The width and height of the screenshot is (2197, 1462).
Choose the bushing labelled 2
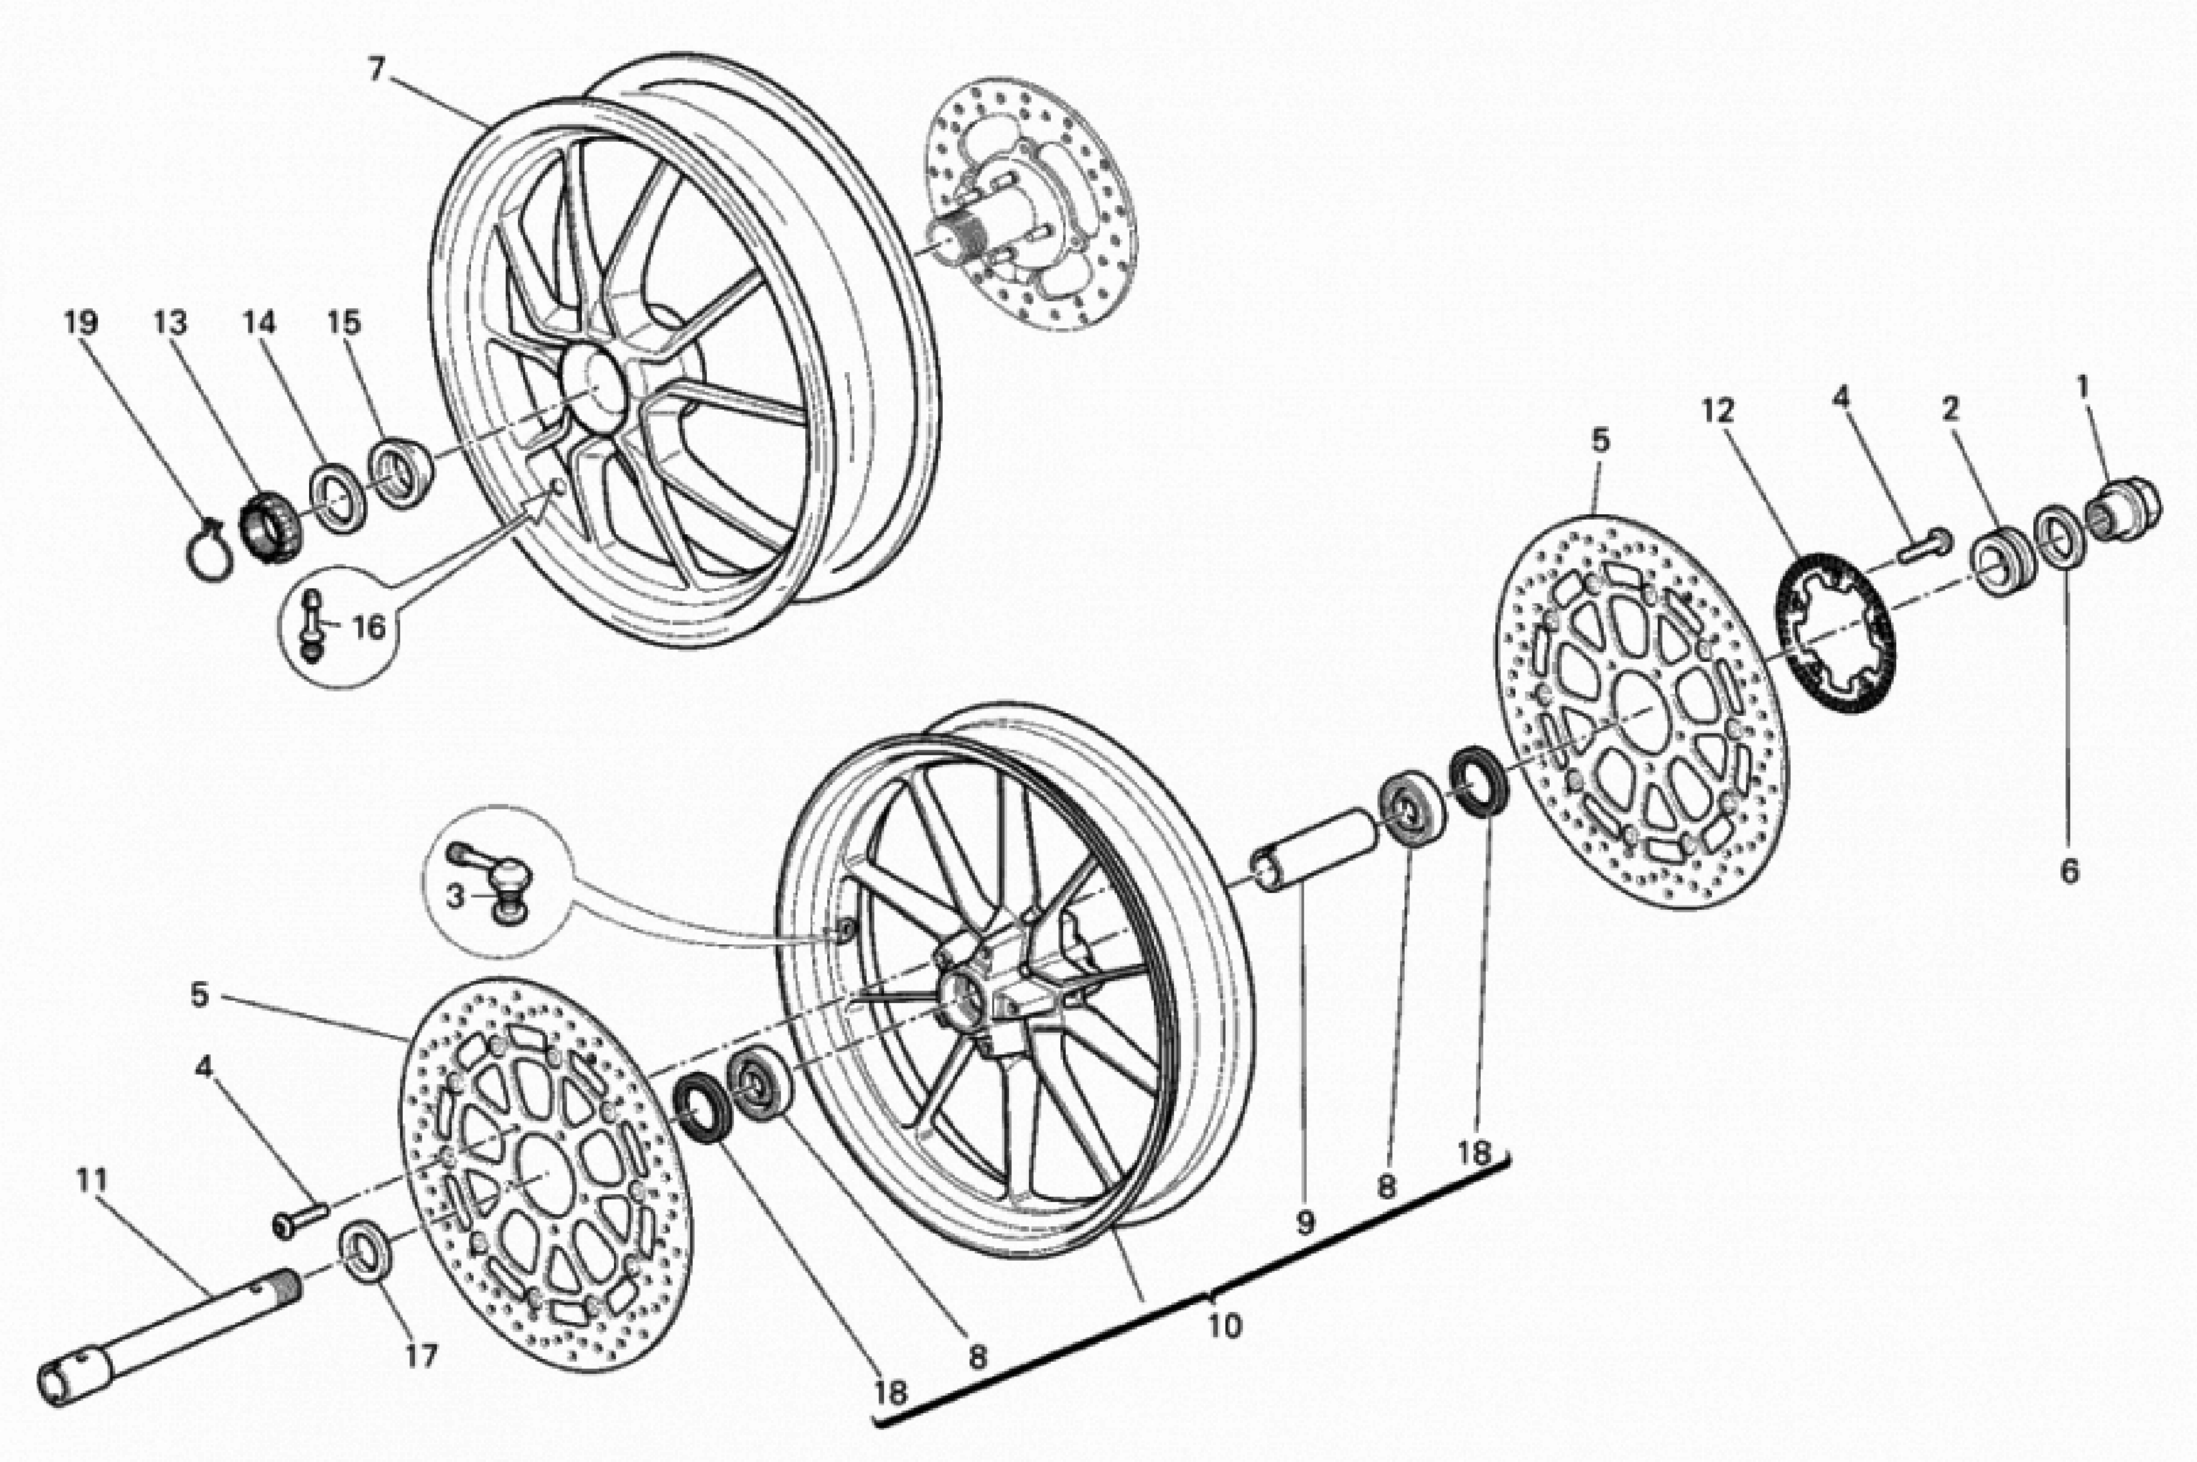2000,560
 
